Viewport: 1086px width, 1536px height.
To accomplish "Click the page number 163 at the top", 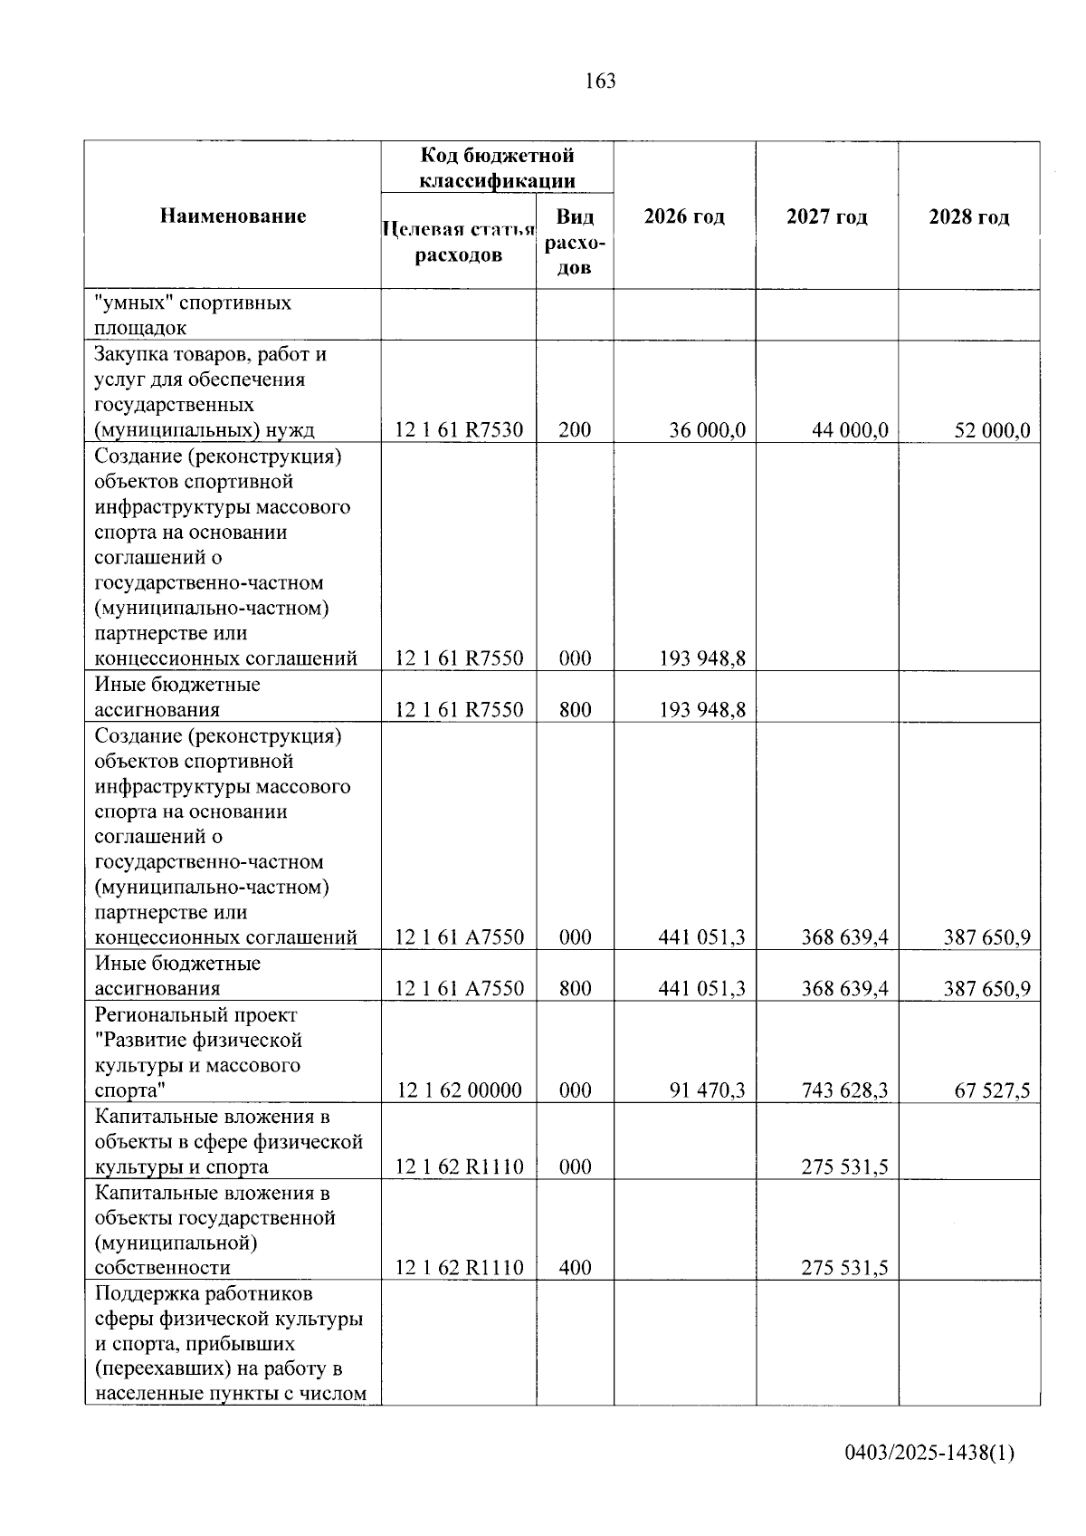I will point(600,82).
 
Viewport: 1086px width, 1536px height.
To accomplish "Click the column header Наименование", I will point(233,216).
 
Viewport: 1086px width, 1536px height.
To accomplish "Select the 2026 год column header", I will point(684,216).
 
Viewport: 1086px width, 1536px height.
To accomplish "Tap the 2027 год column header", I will point(826,216).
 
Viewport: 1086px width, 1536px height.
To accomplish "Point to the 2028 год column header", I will point(968,216).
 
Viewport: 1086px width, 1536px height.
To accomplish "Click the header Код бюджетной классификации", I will point(497,168).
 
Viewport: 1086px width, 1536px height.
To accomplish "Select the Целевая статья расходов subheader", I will point(458,241).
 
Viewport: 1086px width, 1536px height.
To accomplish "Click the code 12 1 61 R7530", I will point(459,429).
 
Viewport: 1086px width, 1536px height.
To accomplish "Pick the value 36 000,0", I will point(707,429).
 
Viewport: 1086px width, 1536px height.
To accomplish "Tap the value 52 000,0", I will point(992,429).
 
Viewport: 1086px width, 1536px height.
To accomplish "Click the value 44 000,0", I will point(850,429).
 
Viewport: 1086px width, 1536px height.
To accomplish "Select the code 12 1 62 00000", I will point(459,1090).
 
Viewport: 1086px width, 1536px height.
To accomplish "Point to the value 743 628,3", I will point(844,1090).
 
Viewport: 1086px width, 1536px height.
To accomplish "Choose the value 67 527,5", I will point(992,1090).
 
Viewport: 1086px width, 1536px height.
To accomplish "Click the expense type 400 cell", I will point(575,1267).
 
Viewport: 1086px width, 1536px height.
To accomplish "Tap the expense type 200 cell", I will point(575,429).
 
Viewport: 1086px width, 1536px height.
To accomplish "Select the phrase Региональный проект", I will point(195,1014).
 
